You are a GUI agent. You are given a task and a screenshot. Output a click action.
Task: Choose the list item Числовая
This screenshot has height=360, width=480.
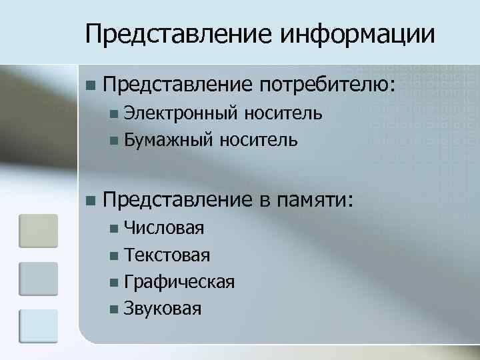click(164, 229)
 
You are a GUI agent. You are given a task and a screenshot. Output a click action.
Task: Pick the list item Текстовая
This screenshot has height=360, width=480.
click(167, 255)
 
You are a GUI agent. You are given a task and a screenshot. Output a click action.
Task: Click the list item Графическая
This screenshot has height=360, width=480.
click(179, 281)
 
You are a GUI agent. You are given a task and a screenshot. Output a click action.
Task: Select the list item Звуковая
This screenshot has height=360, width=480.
click(163, 308)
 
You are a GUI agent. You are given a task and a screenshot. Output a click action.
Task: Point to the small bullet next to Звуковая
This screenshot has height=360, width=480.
click(115, 309)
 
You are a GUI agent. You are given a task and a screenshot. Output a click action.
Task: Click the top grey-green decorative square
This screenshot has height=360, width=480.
click(38, 231)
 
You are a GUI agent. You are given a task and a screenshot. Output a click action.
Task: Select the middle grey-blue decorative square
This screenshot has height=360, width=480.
click(38, 279)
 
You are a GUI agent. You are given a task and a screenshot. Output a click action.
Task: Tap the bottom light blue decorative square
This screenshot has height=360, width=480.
click(38, 327)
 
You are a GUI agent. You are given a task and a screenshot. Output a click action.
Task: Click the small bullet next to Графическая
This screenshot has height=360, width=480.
click(115, 282)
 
